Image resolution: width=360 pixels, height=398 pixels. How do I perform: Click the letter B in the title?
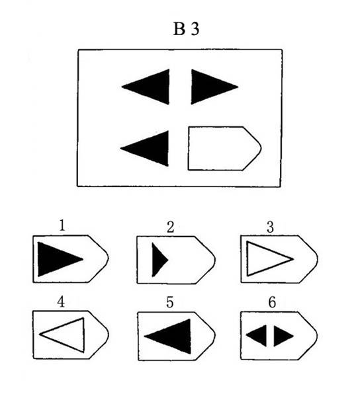pos(179,28)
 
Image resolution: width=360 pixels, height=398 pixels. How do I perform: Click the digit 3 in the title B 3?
pos(195,28)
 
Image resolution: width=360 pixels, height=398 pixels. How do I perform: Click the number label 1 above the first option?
pos(62,225)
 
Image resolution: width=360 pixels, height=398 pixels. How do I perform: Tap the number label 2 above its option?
pos(171,227)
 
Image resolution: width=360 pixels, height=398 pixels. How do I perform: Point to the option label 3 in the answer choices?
pos(270,227)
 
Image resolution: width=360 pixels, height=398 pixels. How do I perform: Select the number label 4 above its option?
pos(61,302)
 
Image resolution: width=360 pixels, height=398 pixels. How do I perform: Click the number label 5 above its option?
pos(169,302)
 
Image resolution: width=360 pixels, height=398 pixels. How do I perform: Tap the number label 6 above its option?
pos(272,302)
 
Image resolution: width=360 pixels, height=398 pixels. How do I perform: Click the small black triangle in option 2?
pos(158,260)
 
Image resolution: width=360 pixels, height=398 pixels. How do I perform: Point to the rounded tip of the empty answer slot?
pos(261,147)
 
